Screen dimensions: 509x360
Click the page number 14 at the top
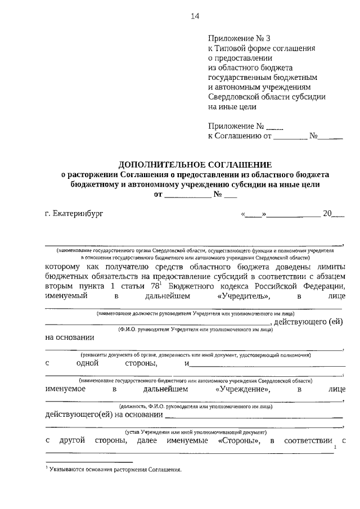pos(195,16)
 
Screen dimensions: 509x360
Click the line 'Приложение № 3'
pos(239,39)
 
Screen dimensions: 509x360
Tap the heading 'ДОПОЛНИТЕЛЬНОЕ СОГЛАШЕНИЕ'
pos(195,165)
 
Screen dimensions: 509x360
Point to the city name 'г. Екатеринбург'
pos(74,214)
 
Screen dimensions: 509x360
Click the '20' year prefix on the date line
pos(327,214)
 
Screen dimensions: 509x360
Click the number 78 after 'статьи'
pos(152,286)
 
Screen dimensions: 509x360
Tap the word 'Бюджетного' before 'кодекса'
pos(192,286)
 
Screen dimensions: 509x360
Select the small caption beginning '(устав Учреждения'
pos(195,431)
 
